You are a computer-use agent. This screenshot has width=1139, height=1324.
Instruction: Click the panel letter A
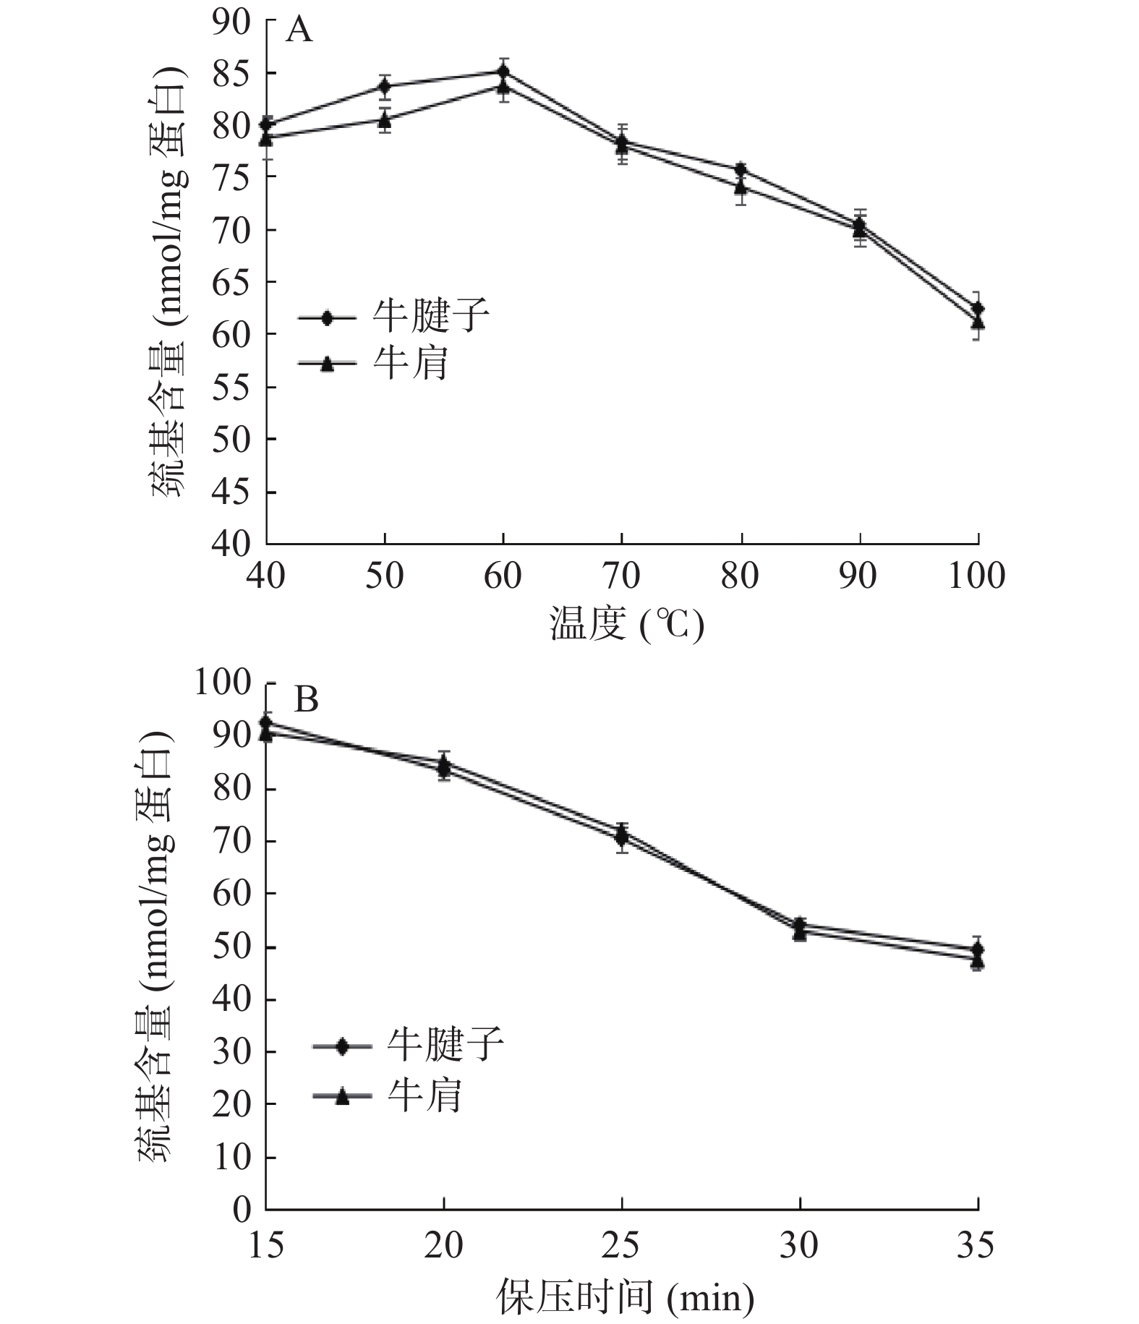pos(299,31)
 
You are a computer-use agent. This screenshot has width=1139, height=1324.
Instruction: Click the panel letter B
pos(306,699)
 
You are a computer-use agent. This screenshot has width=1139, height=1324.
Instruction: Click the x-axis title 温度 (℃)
pos(626,623)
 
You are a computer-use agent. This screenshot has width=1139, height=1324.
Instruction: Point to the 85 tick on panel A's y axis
pos(232,73)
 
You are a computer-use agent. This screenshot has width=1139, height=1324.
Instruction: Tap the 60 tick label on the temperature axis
pos(503,576)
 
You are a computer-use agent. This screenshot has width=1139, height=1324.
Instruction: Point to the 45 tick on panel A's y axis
pos(232,492)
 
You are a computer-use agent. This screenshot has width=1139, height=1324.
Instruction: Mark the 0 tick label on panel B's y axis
pos(242,1209)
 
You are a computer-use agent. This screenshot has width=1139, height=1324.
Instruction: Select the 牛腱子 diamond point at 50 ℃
pos(385,87)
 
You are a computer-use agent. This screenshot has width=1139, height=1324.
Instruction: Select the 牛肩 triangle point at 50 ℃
pos(385,119)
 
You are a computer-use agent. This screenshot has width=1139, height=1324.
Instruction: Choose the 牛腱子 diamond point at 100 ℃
pos(978,308)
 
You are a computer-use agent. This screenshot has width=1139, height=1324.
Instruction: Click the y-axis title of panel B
pos(154,947)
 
